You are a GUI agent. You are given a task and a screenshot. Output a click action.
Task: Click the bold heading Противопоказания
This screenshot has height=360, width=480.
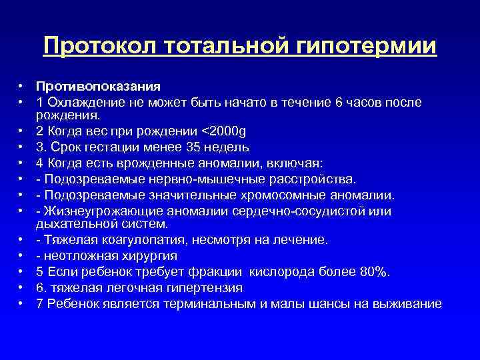99,87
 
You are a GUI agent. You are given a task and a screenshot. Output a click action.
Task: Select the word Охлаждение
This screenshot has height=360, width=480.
83,102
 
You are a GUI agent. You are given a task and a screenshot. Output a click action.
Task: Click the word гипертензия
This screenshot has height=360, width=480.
200,288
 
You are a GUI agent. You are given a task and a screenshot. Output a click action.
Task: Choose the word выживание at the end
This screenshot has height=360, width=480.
409,304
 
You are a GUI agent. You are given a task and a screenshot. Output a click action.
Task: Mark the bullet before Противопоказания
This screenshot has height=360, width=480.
21,87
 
